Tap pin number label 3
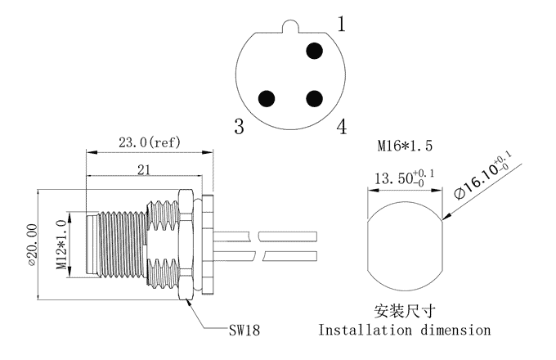240,127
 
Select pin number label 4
341,127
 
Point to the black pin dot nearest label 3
265,99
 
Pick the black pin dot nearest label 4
314,99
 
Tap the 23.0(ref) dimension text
150,142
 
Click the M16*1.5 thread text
404,146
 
